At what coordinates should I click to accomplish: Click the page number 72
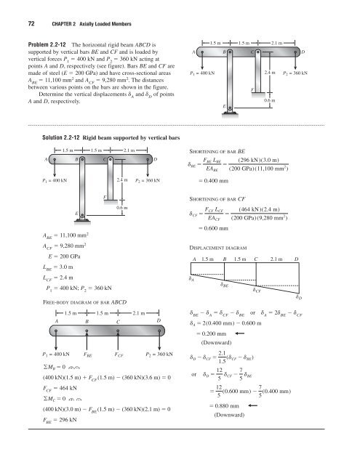tap(31, 24)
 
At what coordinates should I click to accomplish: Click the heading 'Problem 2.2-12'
tap(47, 45)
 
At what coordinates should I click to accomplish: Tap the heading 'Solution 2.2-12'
tap(61, 137)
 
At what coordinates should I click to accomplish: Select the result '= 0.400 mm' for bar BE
tap(214, 181)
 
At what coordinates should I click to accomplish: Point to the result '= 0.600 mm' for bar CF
tap(214, 228)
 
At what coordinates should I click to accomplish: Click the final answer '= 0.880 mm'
tap(225, 405)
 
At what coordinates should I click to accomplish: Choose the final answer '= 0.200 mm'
tap(212, 333)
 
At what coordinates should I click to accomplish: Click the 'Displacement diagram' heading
tap(218, 248)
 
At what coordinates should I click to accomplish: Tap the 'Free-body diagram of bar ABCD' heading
tap(85, 302)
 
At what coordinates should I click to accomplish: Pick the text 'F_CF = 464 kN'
tap(60, 388)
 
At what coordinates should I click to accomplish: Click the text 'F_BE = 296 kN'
tap(60, 420)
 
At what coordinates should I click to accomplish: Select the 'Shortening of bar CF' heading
tap(217, 199)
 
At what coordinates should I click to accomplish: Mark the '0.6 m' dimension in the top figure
tap(270, 100)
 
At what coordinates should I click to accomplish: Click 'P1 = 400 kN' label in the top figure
tap(202, 73)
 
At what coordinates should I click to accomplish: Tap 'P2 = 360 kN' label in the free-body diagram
tap(159, 354)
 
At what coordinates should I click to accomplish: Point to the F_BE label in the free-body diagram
tap(88, 355)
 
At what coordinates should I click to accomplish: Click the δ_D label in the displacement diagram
tap(299, 297)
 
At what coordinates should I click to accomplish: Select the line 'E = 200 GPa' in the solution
tap(64, 256)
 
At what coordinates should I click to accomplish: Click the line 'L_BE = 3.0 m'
tap(58, 267)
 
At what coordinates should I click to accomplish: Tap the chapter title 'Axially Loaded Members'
tap(105, 24)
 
